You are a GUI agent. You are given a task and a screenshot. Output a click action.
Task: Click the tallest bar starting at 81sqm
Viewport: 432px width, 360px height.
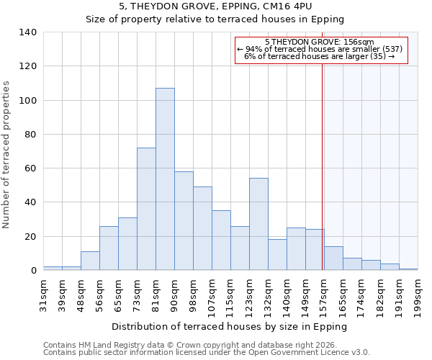coord(165,179)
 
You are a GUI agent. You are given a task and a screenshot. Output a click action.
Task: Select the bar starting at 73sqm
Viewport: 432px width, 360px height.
coord(146,209)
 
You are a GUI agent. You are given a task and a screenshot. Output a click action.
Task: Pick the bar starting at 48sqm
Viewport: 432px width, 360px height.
coord(90,261)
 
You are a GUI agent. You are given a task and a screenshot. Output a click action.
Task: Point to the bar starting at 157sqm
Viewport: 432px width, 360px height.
coord(333,258)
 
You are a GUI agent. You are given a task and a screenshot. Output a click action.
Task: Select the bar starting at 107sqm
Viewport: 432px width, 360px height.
coord(221,240)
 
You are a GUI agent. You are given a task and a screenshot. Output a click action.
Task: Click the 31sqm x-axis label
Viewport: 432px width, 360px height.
coord(43,293)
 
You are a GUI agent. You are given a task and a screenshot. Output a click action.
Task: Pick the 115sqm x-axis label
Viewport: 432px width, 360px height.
coord(230,293)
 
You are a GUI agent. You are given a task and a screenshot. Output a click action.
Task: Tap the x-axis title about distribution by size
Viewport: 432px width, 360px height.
coord(230,326)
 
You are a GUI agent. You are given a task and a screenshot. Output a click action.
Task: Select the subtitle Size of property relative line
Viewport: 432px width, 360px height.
coord(215,19)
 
